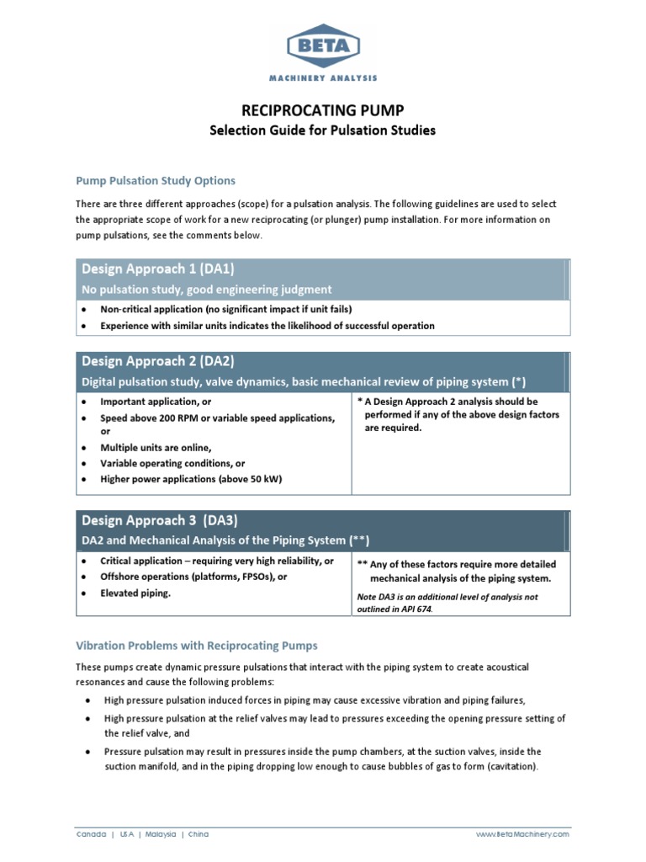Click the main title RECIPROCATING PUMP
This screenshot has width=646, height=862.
(x=323, y=109)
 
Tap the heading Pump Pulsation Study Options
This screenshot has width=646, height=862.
(x=156, y=181)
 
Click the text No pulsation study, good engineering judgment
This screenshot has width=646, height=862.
(x=207, y=290)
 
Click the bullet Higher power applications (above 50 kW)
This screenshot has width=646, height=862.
(x=191, y=479)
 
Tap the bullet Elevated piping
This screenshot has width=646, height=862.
(x=135, y=593)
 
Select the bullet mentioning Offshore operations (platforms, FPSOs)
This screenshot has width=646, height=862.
(x=193, y=577)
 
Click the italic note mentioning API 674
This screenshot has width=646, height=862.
(x=447, y=603)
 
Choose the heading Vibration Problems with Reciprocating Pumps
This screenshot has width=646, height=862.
(x=197, y=646)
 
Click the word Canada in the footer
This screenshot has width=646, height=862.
(x=91, y=834)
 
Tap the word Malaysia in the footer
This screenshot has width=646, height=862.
(x=160, y=834)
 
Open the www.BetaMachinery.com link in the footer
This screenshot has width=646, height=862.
(x=522, y=834)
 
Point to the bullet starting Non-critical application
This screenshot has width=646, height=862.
(x=225, y=310)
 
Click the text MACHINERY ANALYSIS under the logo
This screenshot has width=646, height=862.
(x=323, y=77)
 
